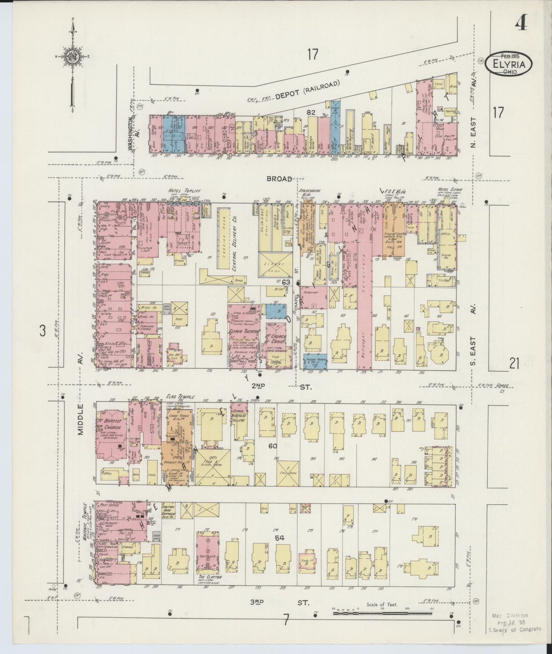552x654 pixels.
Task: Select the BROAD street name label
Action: tap(279, 179)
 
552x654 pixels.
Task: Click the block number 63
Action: tap(286, 282)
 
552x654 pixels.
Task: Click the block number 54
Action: tap(280, 538)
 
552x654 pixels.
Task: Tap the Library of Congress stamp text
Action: tap(515, 629)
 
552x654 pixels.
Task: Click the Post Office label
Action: tap(108, 505)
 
